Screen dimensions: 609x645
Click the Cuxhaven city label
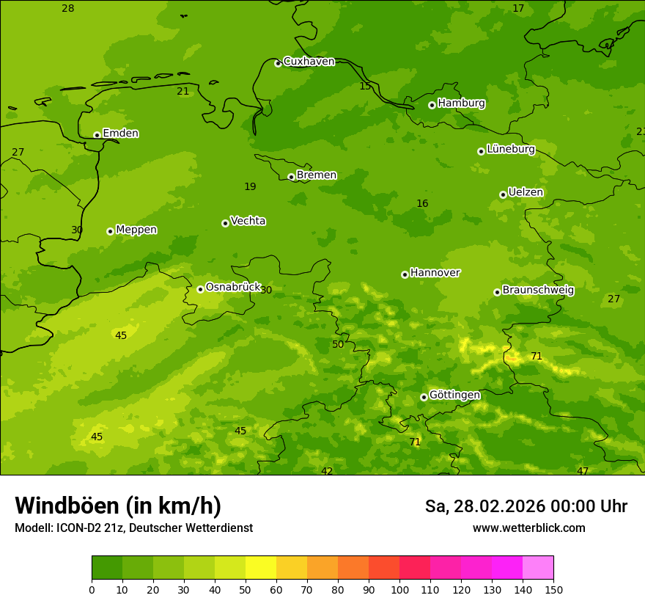309,62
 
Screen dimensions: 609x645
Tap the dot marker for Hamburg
432,105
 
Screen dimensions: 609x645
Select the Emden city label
120,134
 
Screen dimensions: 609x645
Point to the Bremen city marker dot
291,177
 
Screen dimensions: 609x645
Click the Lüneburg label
511,149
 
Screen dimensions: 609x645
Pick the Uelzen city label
526,192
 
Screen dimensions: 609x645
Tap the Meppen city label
136,230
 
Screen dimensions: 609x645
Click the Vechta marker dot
225,223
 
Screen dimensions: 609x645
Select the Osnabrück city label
233,287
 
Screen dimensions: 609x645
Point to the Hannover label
435,273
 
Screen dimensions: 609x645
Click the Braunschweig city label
538,290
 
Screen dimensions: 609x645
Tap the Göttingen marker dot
424,397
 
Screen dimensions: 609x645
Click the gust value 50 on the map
338,344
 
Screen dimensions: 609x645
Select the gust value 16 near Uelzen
422,203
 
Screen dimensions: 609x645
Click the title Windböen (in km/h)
118,506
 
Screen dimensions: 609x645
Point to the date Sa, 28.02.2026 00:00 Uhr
526,506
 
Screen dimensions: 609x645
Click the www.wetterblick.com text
528,528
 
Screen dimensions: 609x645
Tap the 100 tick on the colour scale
399,589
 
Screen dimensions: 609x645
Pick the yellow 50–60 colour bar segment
261,568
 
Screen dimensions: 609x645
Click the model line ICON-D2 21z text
133,528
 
